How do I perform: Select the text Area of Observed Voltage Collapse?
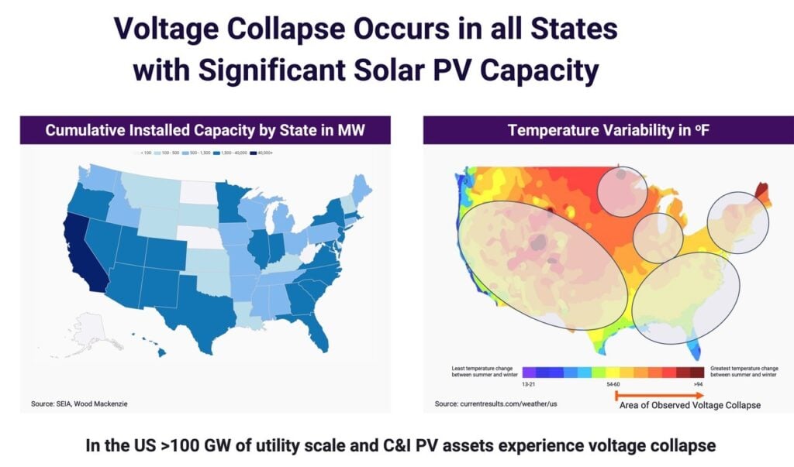[x=689, y=405]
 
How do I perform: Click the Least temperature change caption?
[x=485, y=370]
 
